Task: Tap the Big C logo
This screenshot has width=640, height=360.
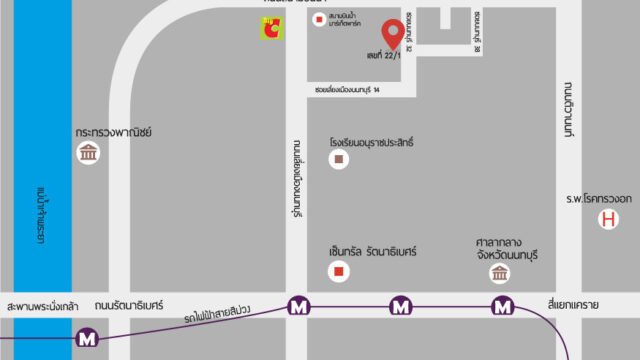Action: click(x=271, y=29)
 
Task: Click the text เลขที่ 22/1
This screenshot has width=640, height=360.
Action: click(x=383, y=57)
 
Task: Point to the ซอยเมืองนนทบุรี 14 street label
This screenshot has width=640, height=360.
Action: click(x=346, y=89)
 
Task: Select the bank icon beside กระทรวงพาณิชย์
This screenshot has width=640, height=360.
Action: click(x=88, y=154)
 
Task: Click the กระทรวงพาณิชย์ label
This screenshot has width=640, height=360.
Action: click(x=112, y=131)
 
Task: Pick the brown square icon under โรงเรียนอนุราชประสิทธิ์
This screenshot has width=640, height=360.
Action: click(x=340, y=160)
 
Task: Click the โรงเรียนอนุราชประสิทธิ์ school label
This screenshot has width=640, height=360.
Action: click(x=370, y=142)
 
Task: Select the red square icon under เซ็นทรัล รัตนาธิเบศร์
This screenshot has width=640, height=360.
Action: click(x=339, y=270)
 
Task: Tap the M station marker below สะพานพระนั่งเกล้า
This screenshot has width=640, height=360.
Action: click(x=89, y=339)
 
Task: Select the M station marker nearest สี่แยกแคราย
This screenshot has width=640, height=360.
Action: click(x=502, y=305)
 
